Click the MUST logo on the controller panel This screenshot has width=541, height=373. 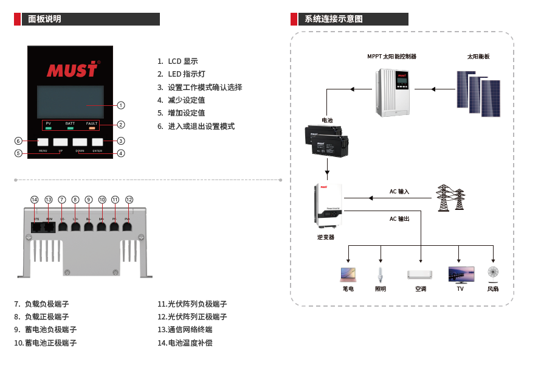pyautogui.click(x=72, y=69)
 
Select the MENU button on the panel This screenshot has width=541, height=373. pyautogui.click(x=43, y=142)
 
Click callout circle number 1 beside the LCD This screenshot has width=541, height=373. pyautogui.click(x=121, y=105)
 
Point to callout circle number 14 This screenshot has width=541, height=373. pyautogui.click(x=35, y=200)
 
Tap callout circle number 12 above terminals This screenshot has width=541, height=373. pyautogui.click(x=129, y=200)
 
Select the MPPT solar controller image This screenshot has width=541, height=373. pyautogui.click(x=394, y=92)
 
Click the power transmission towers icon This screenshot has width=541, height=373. pyautogui.click(x=450, y=198)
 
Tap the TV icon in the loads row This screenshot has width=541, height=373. pyautogui.click(x=460, y=274)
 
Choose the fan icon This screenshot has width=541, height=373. pyautogui.click(x=493, y=272)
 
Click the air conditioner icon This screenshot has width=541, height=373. pyautogui.click(x=421, y=274)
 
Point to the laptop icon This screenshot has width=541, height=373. pyautogui.click(x=348, y=274)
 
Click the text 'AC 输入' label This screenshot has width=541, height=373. pyautogui.click(x=399, y=192)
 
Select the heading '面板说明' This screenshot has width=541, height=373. pyautogui.click(x=45, y=19)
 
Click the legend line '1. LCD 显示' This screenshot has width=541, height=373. pyautogui.click(x=178, y=61)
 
